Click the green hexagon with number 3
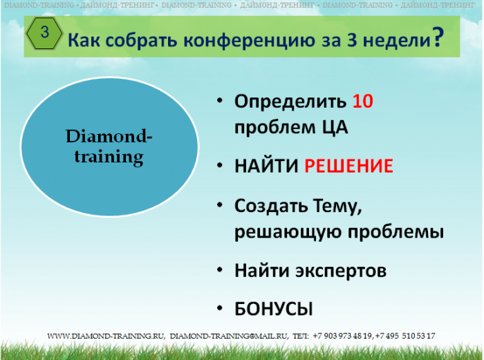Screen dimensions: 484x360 click(44, 33)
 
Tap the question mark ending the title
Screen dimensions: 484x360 click(438, 37)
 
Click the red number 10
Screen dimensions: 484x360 click(363, 101)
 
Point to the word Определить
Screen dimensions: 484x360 click(290, 102)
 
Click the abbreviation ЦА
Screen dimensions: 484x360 click(335, 127)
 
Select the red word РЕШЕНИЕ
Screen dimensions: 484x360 click(348, 166)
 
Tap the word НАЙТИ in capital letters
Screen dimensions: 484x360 click(266, 166)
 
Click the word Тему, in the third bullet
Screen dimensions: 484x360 click(337, 206)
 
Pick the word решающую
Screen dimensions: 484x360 click(288, 232)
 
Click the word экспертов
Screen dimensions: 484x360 click(341, 271)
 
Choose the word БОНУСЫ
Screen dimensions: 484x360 click(274, 309)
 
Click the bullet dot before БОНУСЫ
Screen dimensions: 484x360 click(220, 308)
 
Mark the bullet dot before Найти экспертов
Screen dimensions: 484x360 click(220, 270)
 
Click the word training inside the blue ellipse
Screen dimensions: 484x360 click(109, 157)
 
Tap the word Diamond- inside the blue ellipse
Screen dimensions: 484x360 click(109, 136)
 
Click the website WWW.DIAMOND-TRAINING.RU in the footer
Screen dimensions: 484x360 click(106, 336)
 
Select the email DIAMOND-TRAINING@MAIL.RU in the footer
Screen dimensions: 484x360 click(229, 336)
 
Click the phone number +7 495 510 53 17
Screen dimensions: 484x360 click(405, 336)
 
